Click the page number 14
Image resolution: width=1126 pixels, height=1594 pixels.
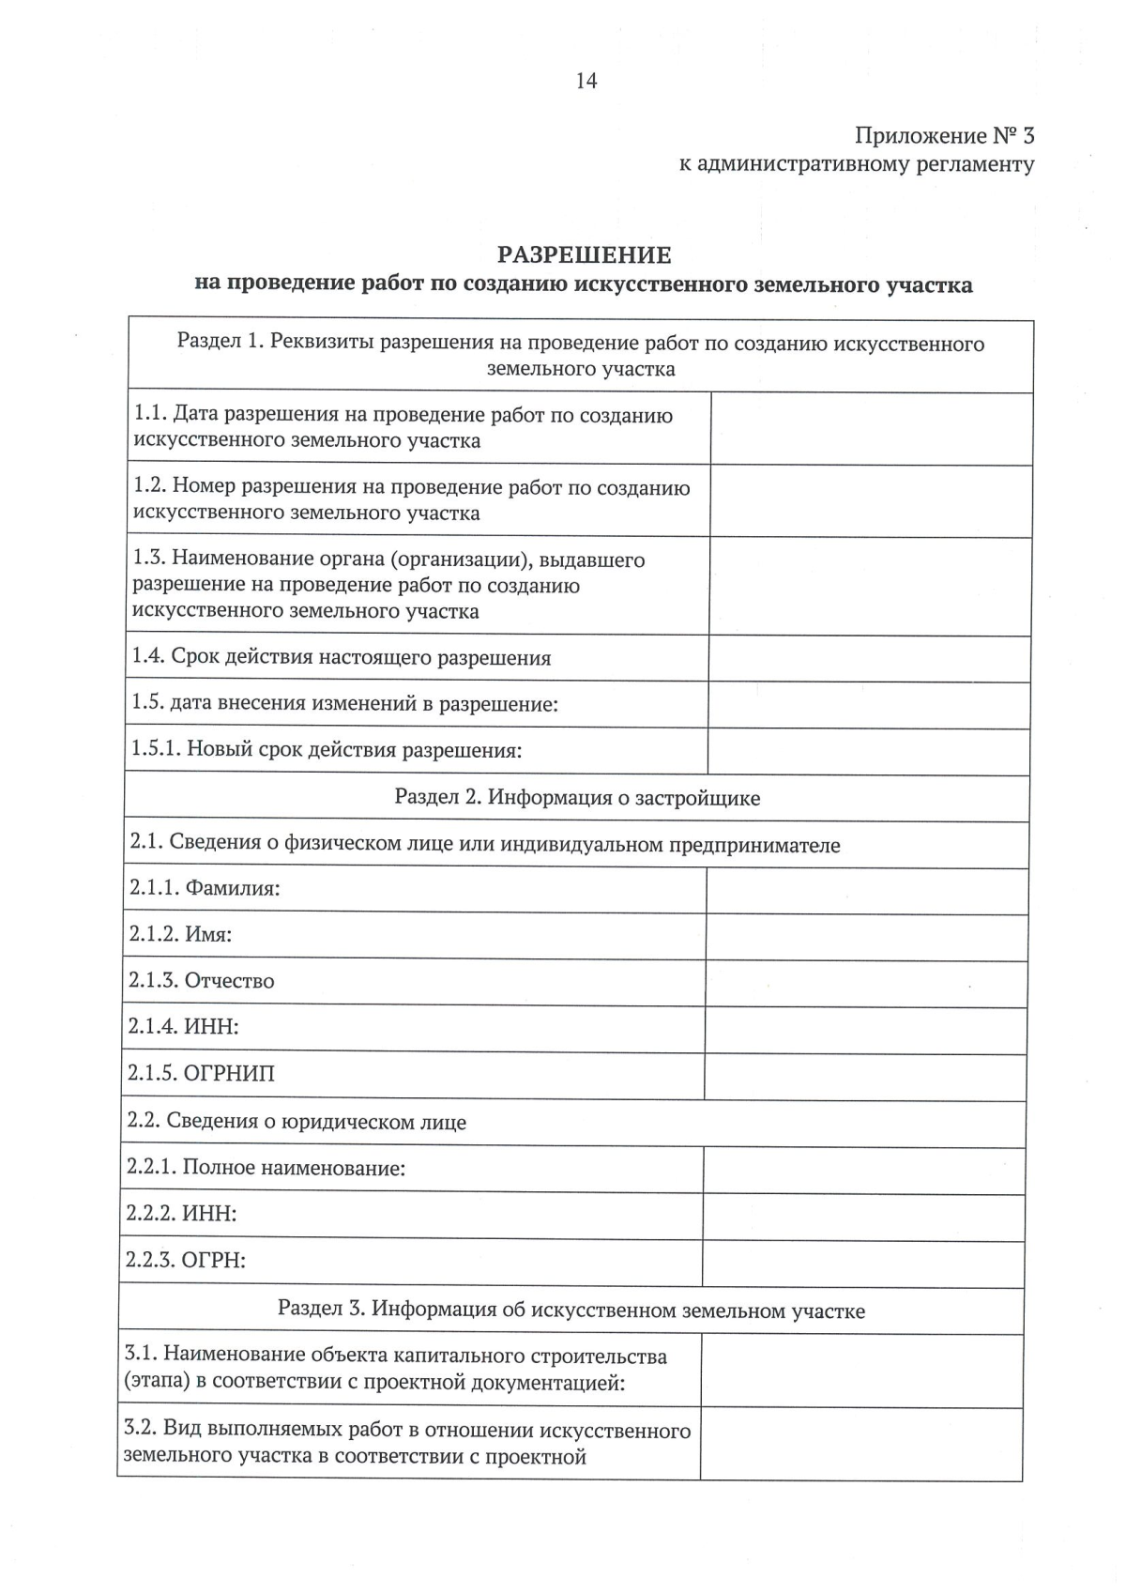tap(586, 81)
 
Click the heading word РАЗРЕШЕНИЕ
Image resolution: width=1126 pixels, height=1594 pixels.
tap(584, 254)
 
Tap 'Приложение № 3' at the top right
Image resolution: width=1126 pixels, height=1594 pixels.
tap(944, 136)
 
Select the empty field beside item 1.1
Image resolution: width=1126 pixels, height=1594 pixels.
tap(871, 429)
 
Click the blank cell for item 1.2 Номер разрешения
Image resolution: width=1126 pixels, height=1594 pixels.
tap(871, 501)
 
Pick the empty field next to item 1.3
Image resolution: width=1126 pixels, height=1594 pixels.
tap(870, 587)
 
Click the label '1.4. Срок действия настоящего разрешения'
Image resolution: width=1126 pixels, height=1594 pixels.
tap(342, 657)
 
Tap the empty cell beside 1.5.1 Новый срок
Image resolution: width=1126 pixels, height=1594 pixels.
tap(868, 751)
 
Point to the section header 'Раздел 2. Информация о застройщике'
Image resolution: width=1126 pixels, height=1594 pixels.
tap(577, 798)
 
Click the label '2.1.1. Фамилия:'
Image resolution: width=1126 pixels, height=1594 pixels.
tap(205, 888)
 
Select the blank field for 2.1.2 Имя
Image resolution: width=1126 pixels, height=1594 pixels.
tap(865, 937)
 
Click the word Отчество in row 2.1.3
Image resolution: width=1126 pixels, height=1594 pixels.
tap(229, 981)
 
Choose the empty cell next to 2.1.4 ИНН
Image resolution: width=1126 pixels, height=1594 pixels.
tap(864, 1030)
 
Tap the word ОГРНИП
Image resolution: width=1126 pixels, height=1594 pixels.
tap(229, 1074)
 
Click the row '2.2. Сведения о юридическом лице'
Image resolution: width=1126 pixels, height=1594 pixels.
tap(297, 1122)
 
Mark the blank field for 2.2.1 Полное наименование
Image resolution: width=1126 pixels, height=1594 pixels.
tap(863, 1170)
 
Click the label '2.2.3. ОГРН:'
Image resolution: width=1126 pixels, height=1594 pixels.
tap(186, 1261)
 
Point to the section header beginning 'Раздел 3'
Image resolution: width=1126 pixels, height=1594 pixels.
tap(571, 1310)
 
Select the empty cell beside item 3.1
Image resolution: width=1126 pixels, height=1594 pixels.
tap(861, 1371)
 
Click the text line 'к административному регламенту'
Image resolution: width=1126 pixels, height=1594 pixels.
tap(857, 165)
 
